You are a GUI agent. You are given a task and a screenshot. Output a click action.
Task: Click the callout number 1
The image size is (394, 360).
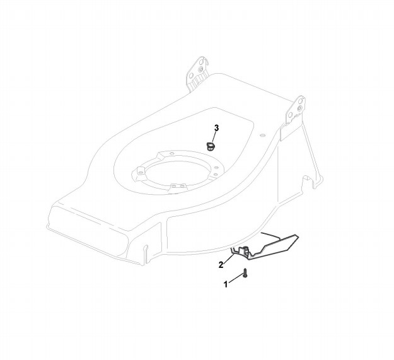(226, 284)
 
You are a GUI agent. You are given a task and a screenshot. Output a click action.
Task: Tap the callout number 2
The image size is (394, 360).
(221, 264)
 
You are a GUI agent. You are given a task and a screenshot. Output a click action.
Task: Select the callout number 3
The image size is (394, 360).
(216, 128)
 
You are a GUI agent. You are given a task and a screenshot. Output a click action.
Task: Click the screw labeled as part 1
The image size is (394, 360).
(245, 274)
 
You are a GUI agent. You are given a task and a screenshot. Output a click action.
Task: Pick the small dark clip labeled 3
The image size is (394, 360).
(211, 146)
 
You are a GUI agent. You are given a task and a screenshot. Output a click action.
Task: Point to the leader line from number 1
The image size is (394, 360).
(235, 279)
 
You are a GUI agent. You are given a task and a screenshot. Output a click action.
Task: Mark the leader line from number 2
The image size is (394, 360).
(228, 259)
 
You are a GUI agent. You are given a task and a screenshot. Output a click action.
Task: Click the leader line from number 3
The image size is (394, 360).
(214, 136)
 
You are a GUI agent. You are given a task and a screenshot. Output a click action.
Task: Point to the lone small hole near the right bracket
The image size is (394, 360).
(260, 134)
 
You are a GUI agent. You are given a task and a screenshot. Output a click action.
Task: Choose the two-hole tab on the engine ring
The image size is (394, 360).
(179, 185)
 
